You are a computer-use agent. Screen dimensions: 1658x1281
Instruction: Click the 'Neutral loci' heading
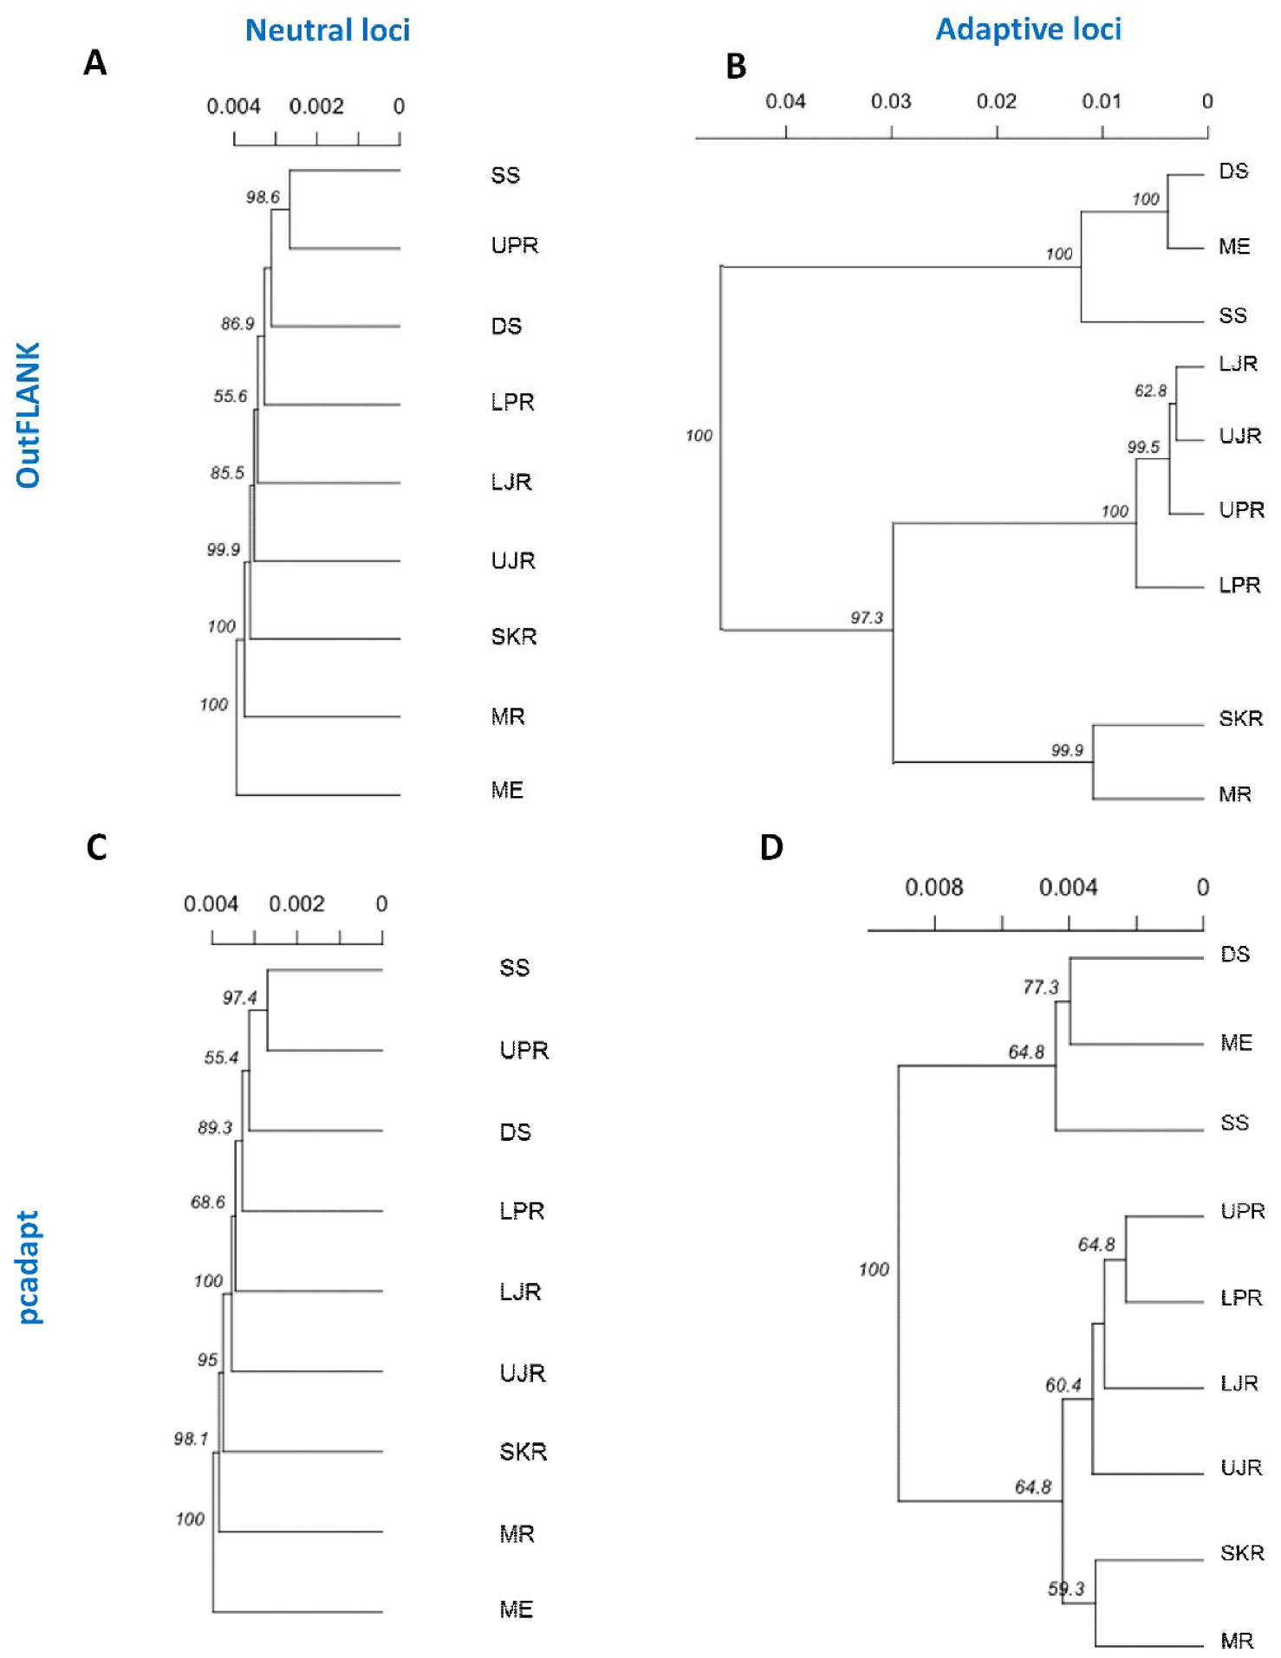(x=327, y=30)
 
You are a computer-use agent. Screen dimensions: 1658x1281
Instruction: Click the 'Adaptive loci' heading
(x=1028, y=29)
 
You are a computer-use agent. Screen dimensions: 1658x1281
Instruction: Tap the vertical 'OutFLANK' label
(x=29, y=415)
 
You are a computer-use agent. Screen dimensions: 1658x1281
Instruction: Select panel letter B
(x=736, y=67)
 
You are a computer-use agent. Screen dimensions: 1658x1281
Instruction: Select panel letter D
(x=771, y=847)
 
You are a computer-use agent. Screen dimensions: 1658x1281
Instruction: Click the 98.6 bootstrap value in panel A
(x=263, y=198)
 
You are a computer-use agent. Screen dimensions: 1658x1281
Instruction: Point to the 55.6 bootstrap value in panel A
(x=231, y=397)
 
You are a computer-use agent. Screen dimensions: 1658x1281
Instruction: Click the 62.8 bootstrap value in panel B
(x=1150, y=391)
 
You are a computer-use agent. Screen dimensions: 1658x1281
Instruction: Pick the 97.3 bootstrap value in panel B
(x=866, y=618)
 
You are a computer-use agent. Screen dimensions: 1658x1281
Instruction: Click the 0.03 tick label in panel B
(x=891, y=102)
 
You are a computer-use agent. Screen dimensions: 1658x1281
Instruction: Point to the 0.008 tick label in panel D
(x=933, y=888)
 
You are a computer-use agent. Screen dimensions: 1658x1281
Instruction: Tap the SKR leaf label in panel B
(x=1240, y=719)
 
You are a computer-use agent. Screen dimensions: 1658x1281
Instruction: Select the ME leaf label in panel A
(x=507, y=790)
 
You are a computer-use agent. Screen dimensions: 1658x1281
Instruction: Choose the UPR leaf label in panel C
(x=523, y=1051)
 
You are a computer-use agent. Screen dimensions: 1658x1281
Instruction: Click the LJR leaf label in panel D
(x=1239, y=1383)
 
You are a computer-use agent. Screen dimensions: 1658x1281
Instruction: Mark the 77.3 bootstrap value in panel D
(x=1040, y=988)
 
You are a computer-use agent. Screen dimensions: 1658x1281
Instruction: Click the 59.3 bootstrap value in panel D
(x=1065, y=1589)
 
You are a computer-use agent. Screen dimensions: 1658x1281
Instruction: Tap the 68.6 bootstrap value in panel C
(x=208, y=1202)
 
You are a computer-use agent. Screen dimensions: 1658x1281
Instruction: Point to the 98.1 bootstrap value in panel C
(x=191, y=1439)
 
